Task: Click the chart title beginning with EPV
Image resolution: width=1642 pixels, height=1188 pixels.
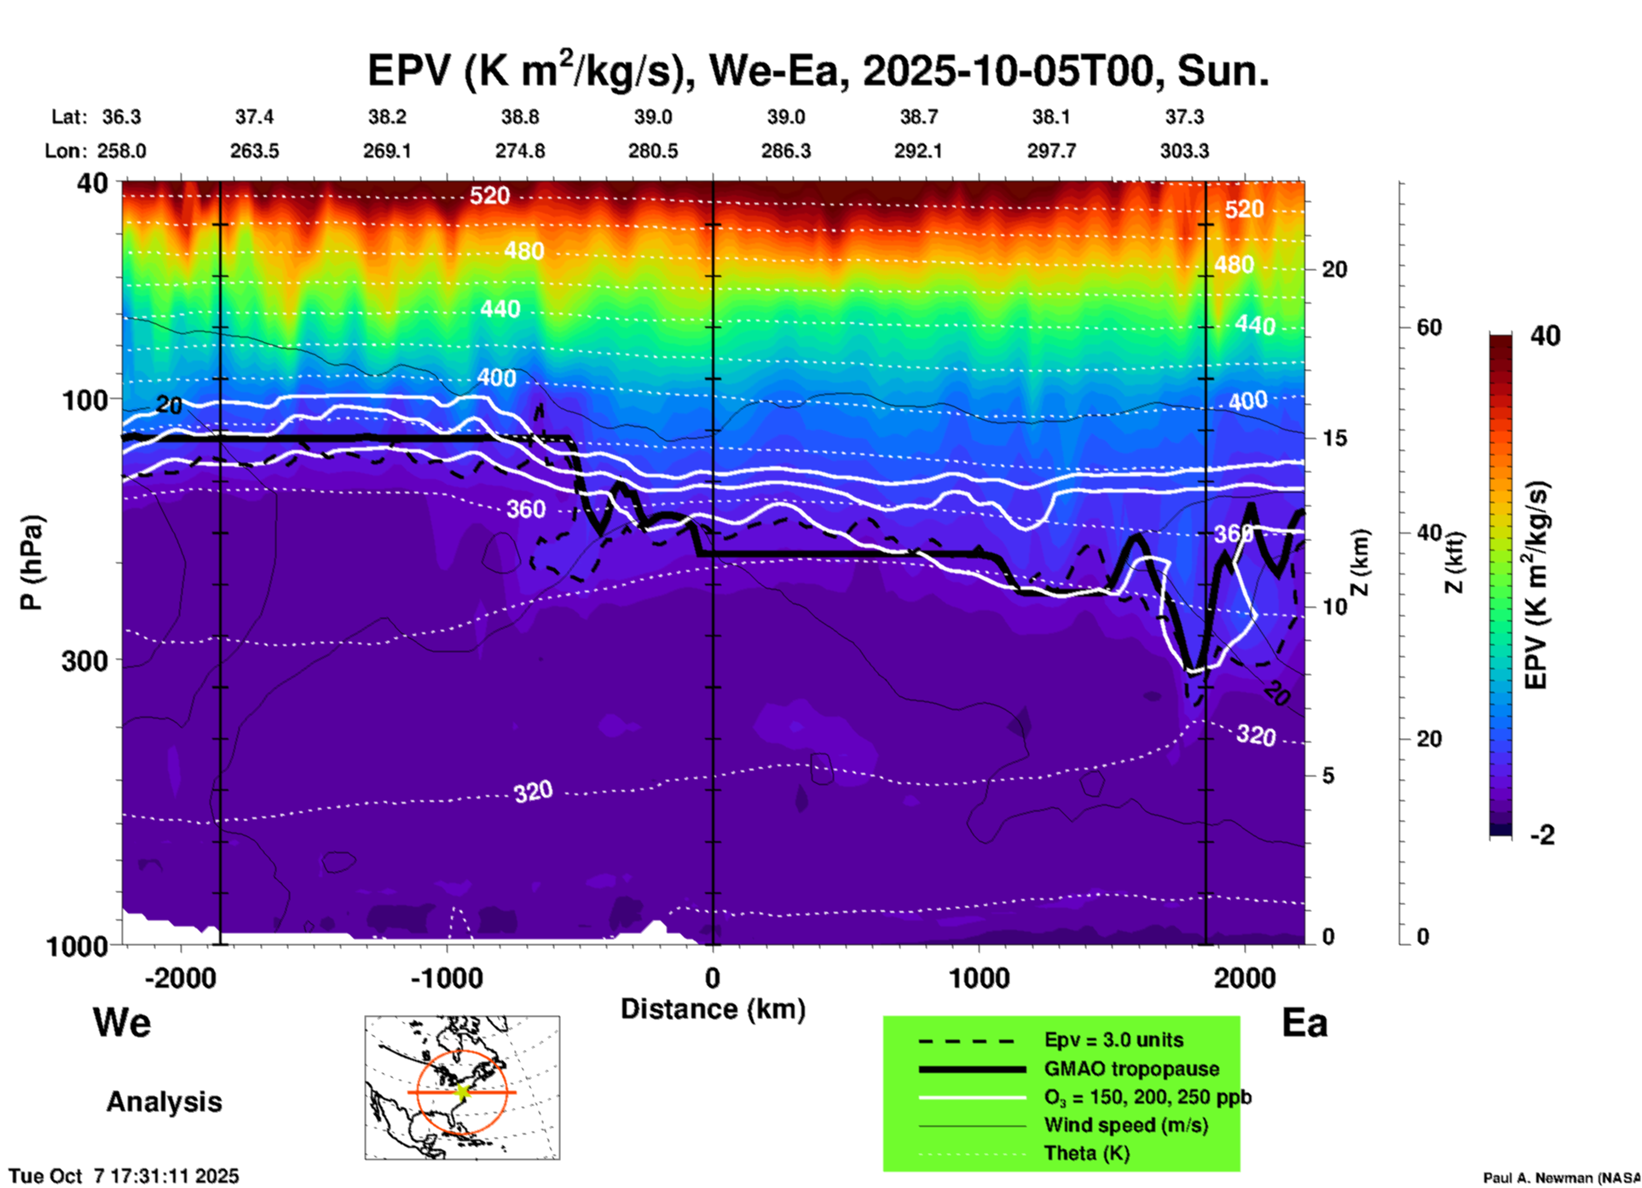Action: pyautogui.click(x=818, y=71)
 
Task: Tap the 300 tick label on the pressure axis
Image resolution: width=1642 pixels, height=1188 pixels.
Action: pyautogui.click(x=85, y=660)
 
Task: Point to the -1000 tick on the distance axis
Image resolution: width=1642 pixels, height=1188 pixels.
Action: pyautogui.click(x=447, y=978)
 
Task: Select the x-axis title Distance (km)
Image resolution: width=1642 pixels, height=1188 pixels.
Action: pyautogui.click(x=713, y=1009)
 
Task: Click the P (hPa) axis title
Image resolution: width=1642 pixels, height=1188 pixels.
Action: pyautogui.click(x=32, y=562)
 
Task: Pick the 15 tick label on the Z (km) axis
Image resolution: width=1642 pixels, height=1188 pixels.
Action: pyautogui.click(x=1334, y=438)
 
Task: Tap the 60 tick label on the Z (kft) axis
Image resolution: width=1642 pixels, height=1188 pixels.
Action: pyautogui.click(x=1429, y=327)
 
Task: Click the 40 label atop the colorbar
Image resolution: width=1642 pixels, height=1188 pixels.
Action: pyautogui.click(x=1545, y=336)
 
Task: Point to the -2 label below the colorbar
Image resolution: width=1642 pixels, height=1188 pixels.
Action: pyautogui.click(x=1542, y=835)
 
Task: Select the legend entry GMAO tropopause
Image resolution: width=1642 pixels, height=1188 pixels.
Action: pyautogui.click(x=1131, y=1069)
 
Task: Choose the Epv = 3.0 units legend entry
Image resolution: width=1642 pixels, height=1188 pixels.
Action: pyautogui.click(x=1113, y=1040)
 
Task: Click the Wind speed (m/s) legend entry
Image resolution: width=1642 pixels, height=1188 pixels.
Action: pyautogui.click(x=1125, y=1125)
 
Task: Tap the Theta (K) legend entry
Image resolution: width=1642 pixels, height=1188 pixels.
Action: pyautogui.click(x=1086, y=1153)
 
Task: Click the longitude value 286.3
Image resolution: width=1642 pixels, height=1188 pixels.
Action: pyautogui.click(x=785, y=151)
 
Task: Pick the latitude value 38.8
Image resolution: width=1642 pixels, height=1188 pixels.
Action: pyautogui.click(x=520, y=117)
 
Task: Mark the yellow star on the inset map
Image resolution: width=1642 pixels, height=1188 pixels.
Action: pyautogui.click(x=462, y=1092)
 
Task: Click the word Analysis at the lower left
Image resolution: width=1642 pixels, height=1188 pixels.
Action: pyautogui.click(x=164, y=1102)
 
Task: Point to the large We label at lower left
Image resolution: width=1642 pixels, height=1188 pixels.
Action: pyautogui.click(x=122, y=1022)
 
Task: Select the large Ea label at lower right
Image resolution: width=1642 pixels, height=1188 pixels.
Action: pyautogui.click(x=1304, y=1023)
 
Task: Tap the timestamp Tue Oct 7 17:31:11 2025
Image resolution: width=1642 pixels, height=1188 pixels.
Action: pyautogui.click(x=124, y=1176)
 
